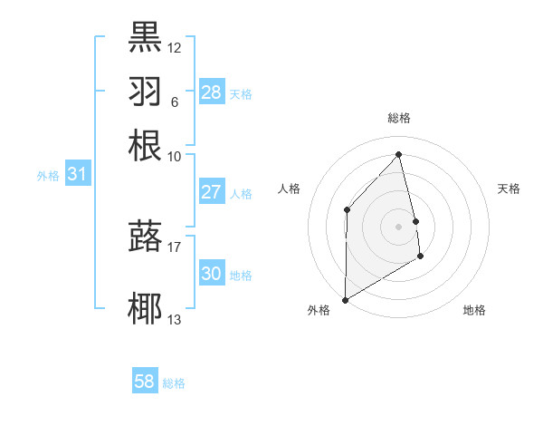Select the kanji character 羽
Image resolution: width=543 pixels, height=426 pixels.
click(x=145, y=91)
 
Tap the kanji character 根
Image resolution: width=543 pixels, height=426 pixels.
click(x=145, y=145)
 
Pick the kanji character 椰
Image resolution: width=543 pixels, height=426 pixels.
click(x=145, y=308)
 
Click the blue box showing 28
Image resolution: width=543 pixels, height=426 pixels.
click(x=211, y=92)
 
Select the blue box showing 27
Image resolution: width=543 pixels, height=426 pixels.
click(x=211, y=192)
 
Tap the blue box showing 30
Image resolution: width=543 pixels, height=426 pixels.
click(x=211, y=274)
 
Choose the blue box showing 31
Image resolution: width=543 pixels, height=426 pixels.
click(x=76, y=174)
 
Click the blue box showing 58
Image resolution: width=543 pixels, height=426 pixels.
click(x=145, y=382)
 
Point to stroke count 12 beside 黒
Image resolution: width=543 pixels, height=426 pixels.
click(x=175, y=47)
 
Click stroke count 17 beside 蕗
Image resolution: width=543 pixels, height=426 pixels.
click(x=175, y=245)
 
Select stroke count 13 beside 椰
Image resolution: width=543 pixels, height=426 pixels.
click(x=175, y=319)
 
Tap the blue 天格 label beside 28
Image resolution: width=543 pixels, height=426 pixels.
click(x=241, y=93)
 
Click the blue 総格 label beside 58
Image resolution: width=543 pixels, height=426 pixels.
click(x=174, y=383)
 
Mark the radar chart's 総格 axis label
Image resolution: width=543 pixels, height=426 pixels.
click(x=399, y=118)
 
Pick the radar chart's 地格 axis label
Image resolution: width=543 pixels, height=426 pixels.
click(x=474, y=311)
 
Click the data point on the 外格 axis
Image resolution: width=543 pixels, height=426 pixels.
click(x=345, y=299)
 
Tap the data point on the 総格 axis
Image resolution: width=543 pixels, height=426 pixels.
click(x=399, y=154)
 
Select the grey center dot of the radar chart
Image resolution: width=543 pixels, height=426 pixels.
click(x=399, y=226)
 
